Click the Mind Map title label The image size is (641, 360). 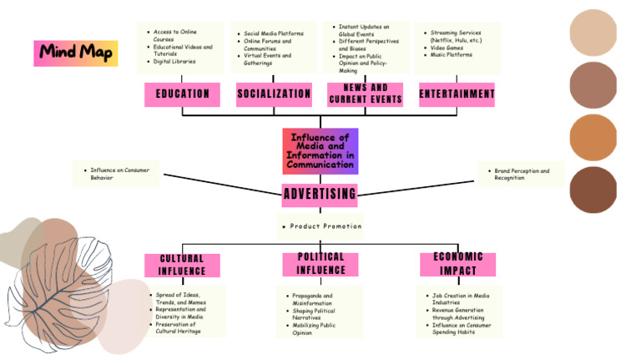coord(76,53)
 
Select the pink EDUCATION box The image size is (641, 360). coord(182,94)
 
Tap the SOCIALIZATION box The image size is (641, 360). coord(274,94)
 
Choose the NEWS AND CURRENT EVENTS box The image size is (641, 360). coord(366,94)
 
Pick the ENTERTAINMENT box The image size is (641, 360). coord(457,94)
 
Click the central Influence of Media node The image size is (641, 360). coord(320,150)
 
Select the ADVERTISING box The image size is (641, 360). coord(320,195)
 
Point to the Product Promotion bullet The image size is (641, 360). coord(322,226)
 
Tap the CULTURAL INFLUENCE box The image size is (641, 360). coord(182,265)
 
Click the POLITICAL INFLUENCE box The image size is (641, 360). coord(320,264)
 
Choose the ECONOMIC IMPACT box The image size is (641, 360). coord(457,264)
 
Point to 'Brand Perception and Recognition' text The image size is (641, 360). coord(522,175)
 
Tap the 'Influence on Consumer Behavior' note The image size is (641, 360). coord(119,175)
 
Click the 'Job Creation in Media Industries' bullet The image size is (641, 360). coord(461,299)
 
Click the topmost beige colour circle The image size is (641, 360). coord(593,33)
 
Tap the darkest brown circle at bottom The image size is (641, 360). coord(593,190)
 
